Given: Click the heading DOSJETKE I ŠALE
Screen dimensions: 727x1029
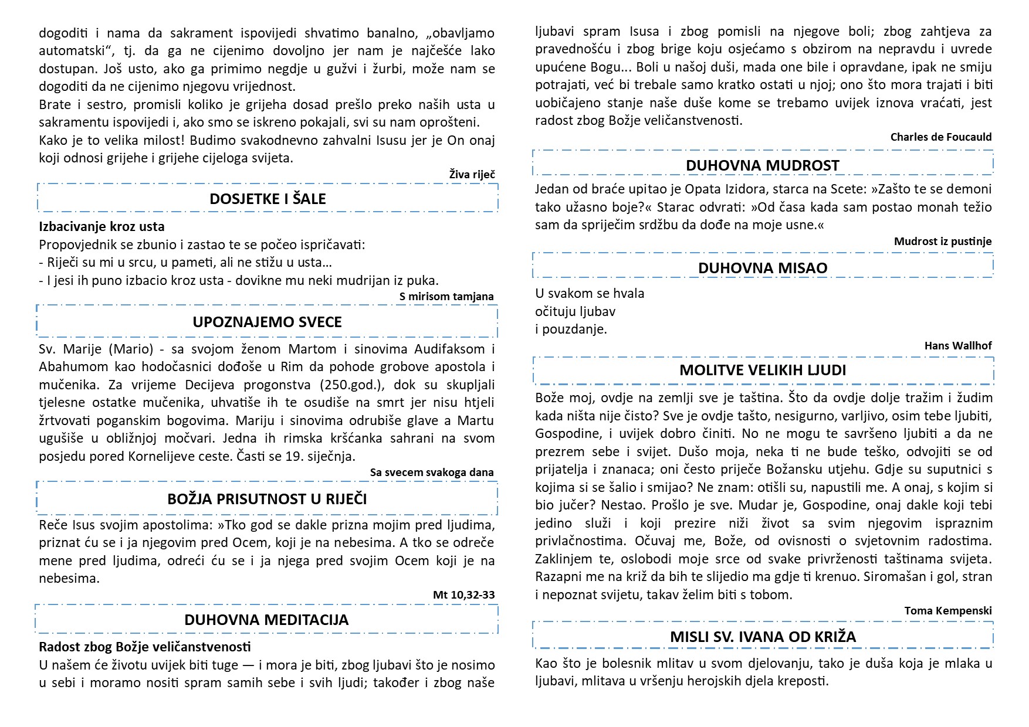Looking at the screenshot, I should [x=268, y=199].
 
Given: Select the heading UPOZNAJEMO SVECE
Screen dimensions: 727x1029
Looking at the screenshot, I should [x=267, y=322].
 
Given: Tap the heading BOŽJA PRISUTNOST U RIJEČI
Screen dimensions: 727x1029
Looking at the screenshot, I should [x=267, y=499].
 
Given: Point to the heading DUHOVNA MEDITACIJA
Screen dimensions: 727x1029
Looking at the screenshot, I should [x=266, y=620].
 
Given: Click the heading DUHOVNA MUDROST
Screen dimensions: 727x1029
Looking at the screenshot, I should [x=763, y=165].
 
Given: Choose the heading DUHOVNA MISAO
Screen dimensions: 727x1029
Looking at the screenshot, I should [x=763, y=268].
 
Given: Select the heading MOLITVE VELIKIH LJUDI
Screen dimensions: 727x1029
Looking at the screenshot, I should [x=763, y=370].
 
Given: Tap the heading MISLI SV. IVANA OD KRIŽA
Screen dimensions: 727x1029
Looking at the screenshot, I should [x=763, y=637].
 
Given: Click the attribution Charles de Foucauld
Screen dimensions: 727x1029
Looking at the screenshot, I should [x=940, y=137].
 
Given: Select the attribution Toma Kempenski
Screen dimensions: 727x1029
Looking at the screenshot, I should [x=947, y=611].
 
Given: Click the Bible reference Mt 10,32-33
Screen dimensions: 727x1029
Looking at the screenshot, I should [x=463, y=595].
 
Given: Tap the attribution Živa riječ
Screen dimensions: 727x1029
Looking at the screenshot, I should [x=472, y=174].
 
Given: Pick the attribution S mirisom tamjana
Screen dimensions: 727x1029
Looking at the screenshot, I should [x=446, y=297].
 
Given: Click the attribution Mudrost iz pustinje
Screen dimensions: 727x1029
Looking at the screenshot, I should [x=942, y=241].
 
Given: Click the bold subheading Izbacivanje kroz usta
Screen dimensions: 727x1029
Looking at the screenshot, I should [x=101, y=227].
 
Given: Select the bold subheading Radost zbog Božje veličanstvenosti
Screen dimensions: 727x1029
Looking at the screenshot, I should [x=145, y=647].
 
